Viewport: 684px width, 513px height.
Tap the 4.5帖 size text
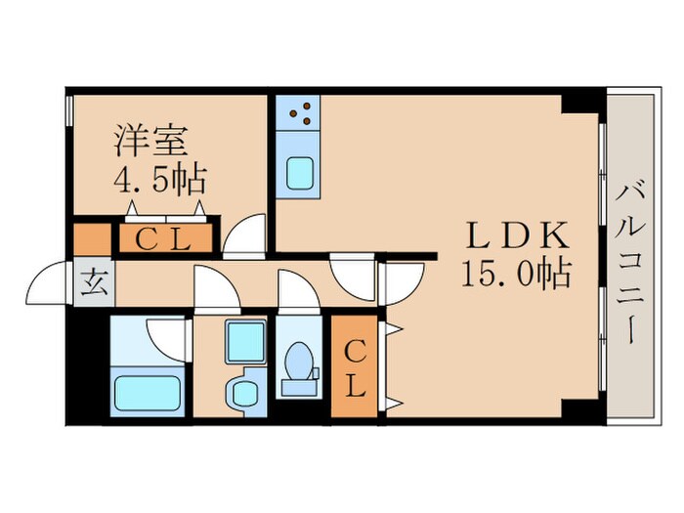(x=160, y=180)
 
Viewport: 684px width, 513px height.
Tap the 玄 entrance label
(x=96, y=285)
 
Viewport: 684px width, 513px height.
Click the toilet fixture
(x=298, y=370)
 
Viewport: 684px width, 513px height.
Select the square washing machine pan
(x=246, y=341)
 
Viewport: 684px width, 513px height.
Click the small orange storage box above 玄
(x=93, y=239)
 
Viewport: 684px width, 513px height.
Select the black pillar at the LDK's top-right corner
(x=584, y=101)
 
